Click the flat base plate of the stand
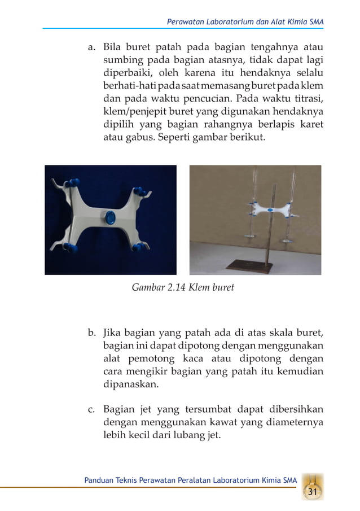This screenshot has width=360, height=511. [244, 265]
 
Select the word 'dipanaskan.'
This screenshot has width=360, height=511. [131, 387]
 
